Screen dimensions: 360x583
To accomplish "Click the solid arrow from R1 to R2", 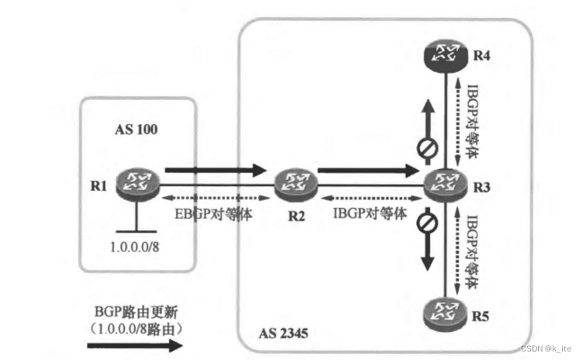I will coord(210,168).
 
